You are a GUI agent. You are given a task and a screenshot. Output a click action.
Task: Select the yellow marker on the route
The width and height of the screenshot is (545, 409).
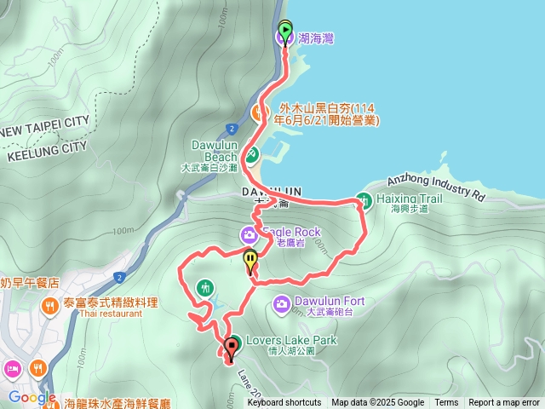coord(250,260)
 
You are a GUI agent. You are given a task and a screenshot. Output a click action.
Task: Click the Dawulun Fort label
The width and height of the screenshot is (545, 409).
coord(329,301)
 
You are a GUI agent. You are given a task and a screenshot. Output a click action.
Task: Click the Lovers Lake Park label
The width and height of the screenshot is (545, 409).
coord(291,340)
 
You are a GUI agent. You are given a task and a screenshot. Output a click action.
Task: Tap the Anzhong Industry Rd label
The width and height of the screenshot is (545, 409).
coord(435,186)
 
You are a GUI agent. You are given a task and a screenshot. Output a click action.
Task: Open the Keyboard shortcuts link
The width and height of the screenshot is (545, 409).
coord(284,403)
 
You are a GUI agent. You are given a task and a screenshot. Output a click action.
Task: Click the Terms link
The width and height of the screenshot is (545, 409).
coord(446,403)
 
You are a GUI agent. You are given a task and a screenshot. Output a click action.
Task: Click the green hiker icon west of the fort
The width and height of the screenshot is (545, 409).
coord(204,288)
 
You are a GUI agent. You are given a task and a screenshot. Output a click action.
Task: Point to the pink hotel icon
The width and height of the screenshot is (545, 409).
coord(13,369)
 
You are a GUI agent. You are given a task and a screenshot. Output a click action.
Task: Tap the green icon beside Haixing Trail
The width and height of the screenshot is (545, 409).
coord(364,200)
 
